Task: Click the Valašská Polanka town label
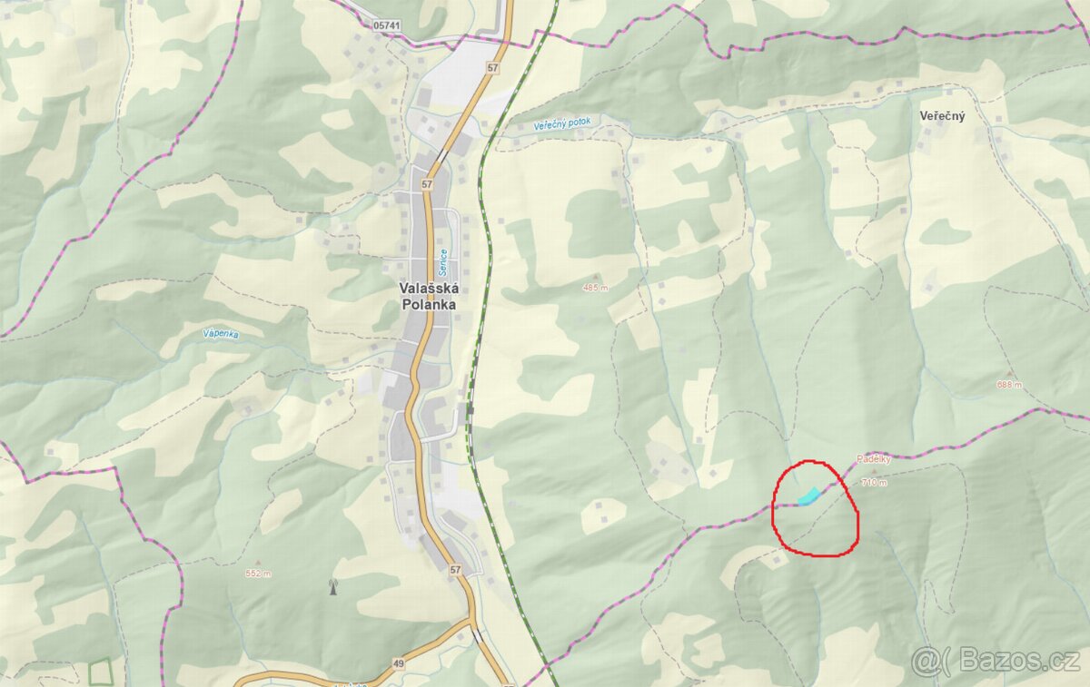429,296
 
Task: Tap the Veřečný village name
942,116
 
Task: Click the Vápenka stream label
221,334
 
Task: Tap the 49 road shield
399,664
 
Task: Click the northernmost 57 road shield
492,68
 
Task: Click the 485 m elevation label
595,288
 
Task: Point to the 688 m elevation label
1008,384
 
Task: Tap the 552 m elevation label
259,574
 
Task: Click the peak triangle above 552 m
259,563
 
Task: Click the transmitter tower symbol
333,587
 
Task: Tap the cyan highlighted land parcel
808,496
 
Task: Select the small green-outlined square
101,672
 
